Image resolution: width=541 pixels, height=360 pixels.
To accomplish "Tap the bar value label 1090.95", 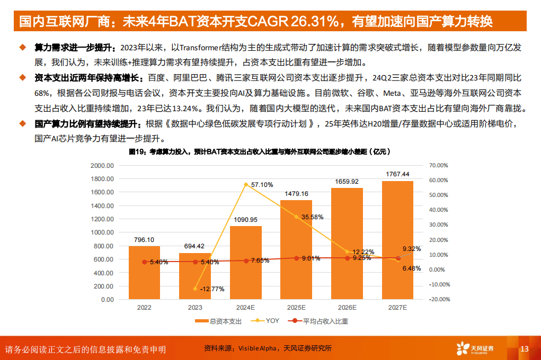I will click(x=245, y=220).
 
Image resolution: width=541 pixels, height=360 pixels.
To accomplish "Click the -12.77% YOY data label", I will click(x=213, y=289).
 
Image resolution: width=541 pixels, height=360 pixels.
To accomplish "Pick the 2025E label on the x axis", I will click(x=296, y=307).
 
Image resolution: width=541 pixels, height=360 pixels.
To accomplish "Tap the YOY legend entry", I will click(x=269, y=321).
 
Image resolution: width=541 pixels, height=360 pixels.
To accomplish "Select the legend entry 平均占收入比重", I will click(x=319, y=321).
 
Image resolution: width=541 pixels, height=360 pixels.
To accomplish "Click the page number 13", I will click(x=525, y=349).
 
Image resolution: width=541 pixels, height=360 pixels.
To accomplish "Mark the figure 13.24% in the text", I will click(x=183, y=109).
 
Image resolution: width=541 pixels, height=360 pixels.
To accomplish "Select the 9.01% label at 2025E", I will click(x=311, y=259).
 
